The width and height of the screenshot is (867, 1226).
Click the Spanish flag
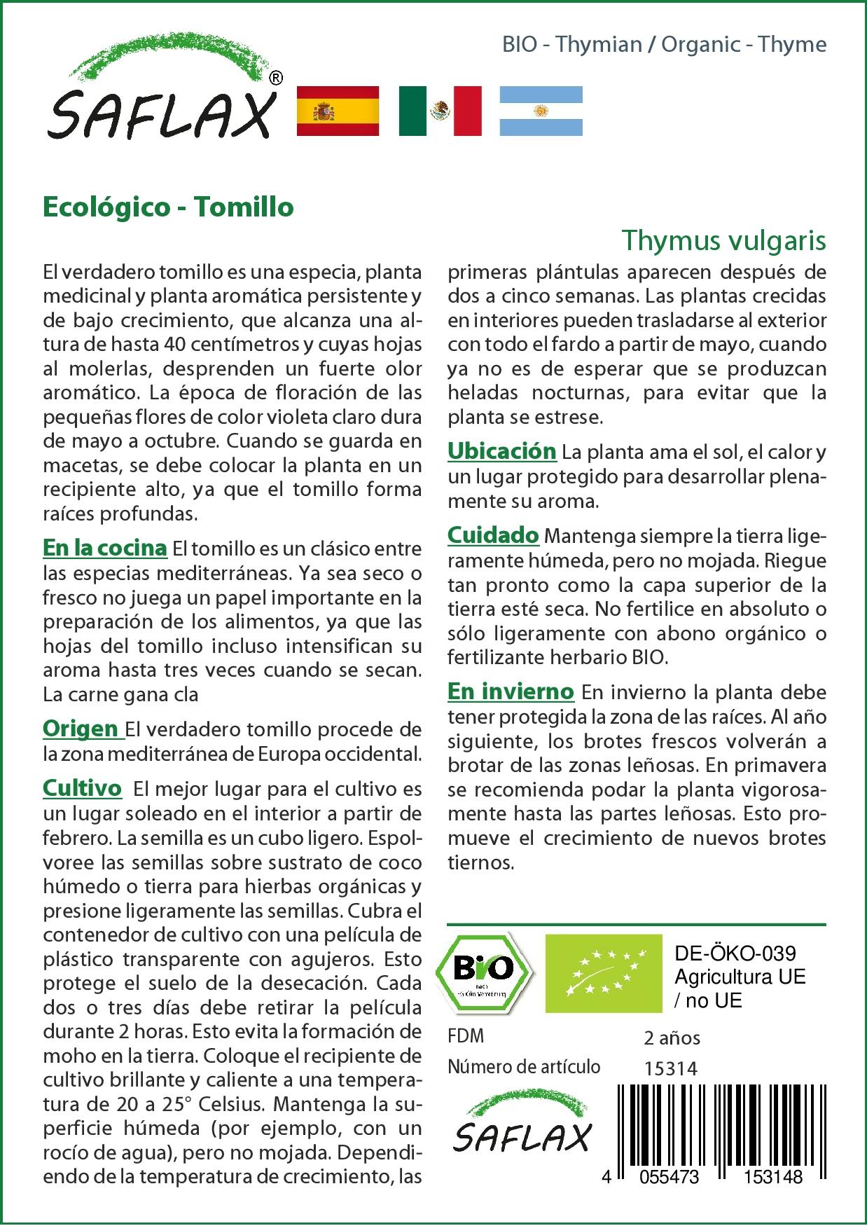pyautogui.click(x=338, y=111)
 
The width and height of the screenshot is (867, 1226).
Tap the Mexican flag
pyautogui.click(x=440, y=111)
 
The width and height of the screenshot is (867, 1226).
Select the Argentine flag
pyautogui.click(x=541, y=111)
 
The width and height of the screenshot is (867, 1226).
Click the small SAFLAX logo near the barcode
pyautogui.click(x=522, y=1127)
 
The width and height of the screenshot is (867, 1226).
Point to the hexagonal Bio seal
pyautogui.click(x=483, y=972)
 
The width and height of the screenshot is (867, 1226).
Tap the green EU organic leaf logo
pyautogui.click(x=604, y=972)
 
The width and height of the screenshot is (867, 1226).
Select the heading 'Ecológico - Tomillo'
pyautogui.click(x=168, y=207)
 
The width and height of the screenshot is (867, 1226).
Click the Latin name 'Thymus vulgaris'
pyautogui.click(x=724, y=240)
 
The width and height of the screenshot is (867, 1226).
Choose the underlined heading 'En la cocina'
pyautogui.click(x=105, y=548)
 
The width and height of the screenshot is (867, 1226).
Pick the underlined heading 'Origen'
pyautogui.click(x=82, y=729)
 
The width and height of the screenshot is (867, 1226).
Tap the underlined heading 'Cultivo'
pyautogui.click(x=83, y=788)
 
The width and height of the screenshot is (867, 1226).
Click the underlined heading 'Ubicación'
pyautogui.click(x=501, y=451)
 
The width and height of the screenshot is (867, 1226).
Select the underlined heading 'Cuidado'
pyautogui.click(x=493, y=535)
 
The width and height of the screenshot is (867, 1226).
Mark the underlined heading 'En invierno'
pyautogui.click(x=511, y=691)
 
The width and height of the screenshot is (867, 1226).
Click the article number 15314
pyautogui.click(x=670, y=1068)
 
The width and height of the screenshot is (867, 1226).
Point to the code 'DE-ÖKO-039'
pyautogui.click(x=735, y=953)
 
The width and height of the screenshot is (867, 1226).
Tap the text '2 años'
pyautogui.click(x=672, y=1038)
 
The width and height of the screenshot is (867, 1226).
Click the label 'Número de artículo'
pyautogui.click(x=524, y=1067)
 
